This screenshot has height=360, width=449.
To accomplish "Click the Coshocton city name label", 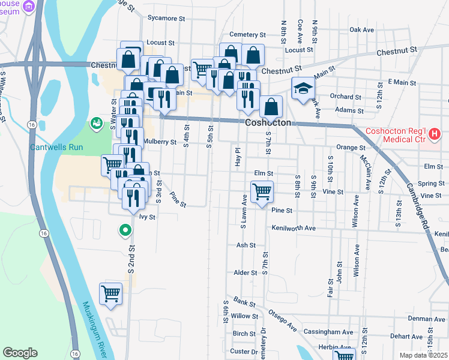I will [x=268, y=122].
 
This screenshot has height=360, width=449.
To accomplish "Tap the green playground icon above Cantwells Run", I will [x=95, y=123].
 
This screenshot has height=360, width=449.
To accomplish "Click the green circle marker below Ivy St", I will [x=125, y=230].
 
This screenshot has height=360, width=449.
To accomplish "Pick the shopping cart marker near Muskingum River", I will [x=111, y=295].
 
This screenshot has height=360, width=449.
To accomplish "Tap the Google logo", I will [x=20, y=353].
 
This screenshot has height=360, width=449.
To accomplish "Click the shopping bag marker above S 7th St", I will [x=271, y=107].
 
